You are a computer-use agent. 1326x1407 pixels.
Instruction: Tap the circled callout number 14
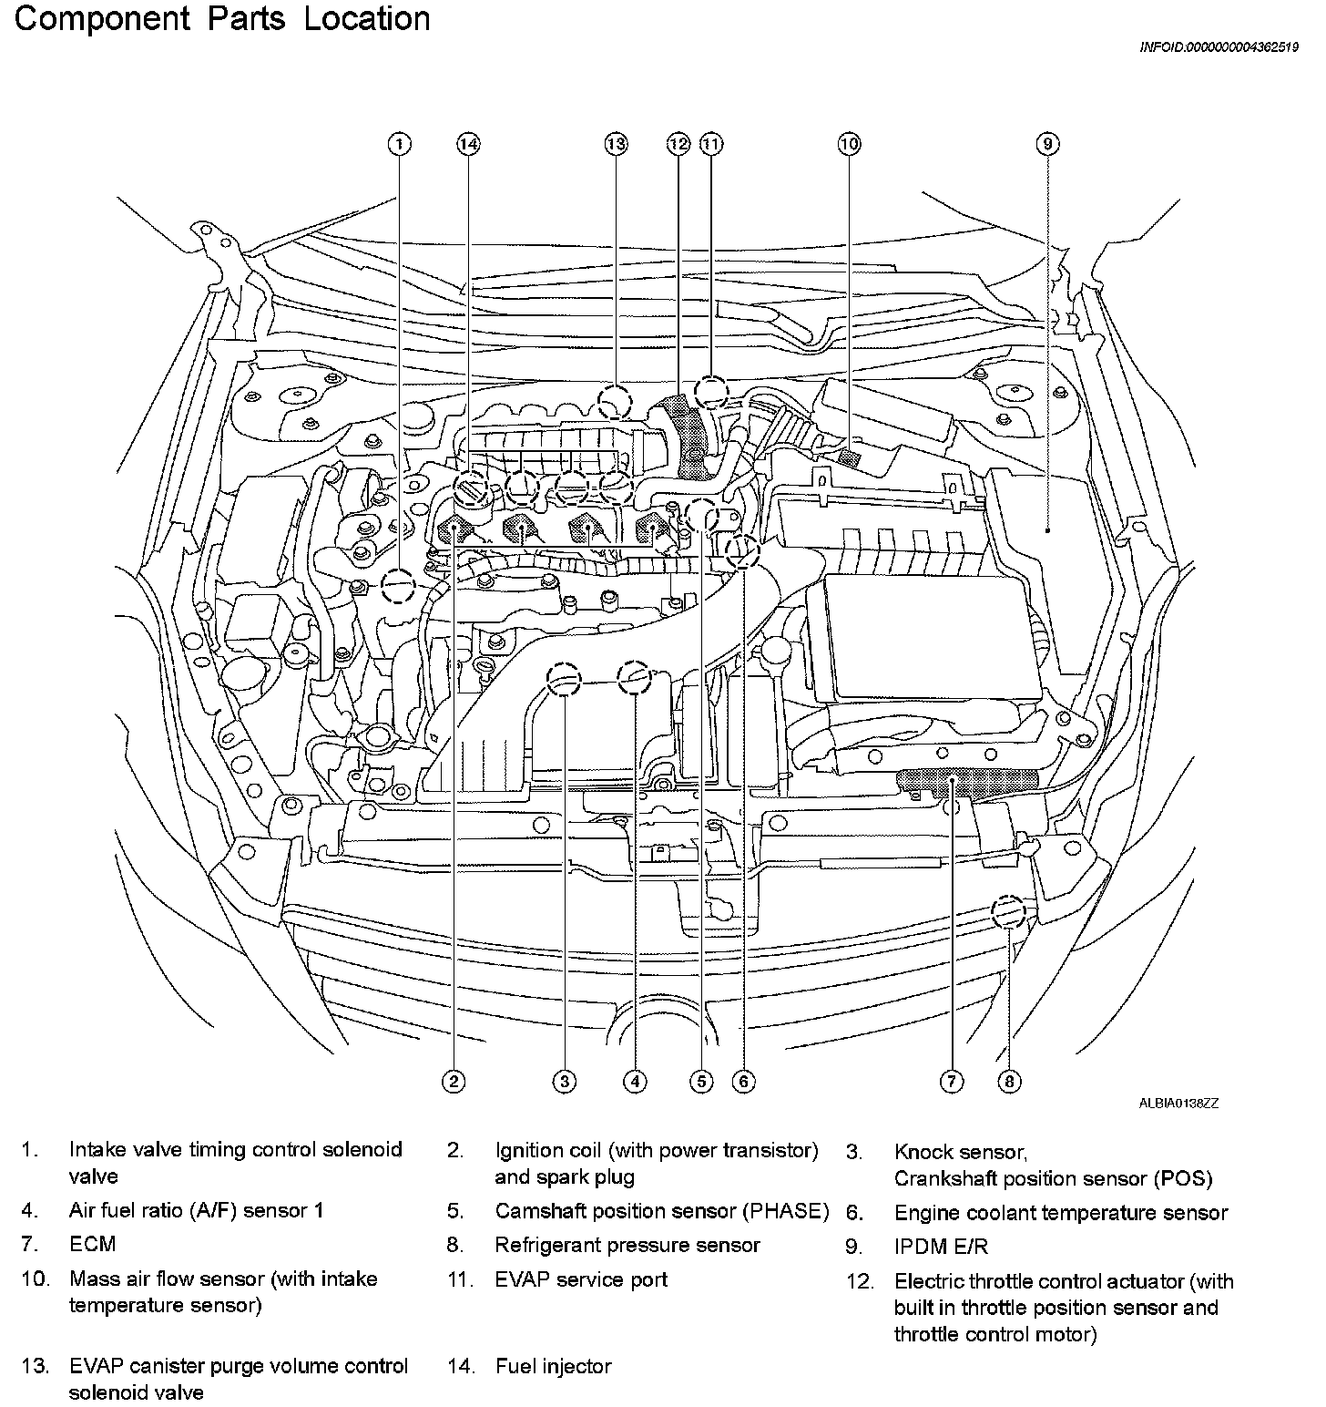pyautogui.click(x=468, y=144)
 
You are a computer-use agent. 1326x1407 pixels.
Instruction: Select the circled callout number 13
pyautogui.click(x=617, y=144)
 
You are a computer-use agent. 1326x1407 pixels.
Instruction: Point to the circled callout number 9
pyautogui.click(x=1047, y=144)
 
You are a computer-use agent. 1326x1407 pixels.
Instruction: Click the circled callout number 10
pyautogui.click(x=849, y=144)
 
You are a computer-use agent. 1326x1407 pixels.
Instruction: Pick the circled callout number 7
pyautogui.click(x=951, y=1082)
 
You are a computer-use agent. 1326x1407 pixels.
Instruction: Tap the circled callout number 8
pyautogui.click(x=1009, y=1082)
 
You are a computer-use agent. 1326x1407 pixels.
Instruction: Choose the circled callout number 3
pyautogui.click(x=565, y=1082)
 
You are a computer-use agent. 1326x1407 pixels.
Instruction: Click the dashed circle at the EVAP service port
pyautogui.click(x=711, y=393)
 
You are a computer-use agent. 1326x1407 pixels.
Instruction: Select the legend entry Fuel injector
pyautogui.click(x=553, y=1366)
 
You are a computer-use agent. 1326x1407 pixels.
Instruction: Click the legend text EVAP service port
pyautogui.click(x=581, y=1279)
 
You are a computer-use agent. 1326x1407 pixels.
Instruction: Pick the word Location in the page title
pyautogui.click(x=366, y=20)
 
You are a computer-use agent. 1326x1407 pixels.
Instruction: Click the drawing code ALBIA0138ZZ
pyautogui.click(x=1178, y=1103)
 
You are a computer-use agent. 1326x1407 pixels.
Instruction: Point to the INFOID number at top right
pyautogui.click(x=1219, y=48)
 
